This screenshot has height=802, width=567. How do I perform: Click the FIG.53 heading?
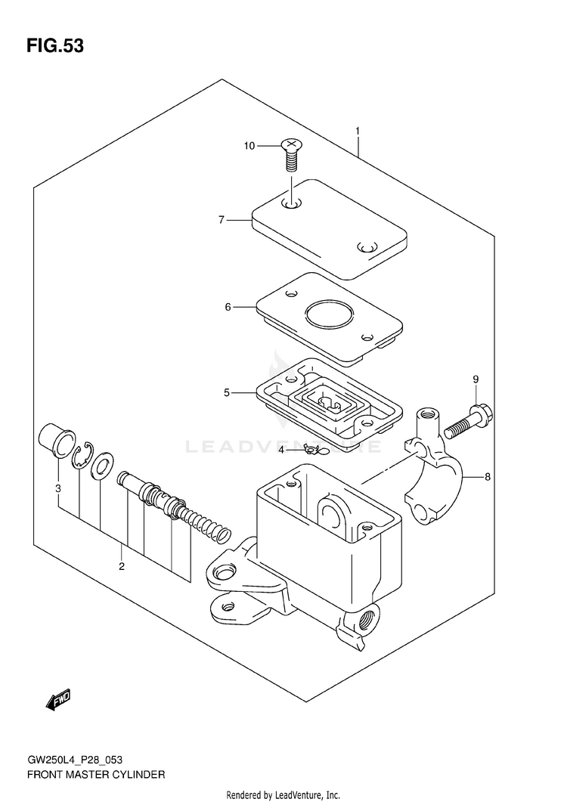(x=54, y=46)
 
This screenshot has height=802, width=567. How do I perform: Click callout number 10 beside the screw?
(x=249, y=146)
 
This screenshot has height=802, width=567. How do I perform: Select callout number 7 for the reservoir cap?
(x=221, y=220)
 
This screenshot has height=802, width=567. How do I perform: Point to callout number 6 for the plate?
(x=227, y=307)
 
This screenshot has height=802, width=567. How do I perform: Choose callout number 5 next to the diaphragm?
(x=226, y=392)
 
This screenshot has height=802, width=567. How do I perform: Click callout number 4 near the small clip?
(x=280, y=450)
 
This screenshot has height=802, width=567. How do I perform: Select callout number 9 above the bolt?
(x=476, y=379)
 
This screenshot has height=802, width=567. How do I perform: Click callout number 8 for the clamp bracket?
(x=488, y=477)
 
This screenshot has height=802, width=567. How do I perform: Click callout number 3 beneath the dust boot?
(x=57, y=488)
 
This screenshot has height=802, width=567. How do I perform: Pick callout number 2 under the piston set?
(x=121, y=566)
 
